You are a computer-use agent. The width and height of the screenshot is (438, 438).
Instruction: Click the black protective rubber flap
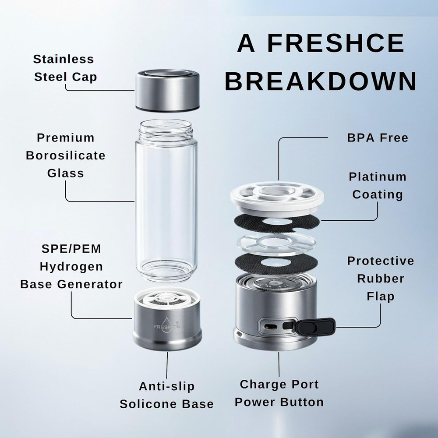point(315,326)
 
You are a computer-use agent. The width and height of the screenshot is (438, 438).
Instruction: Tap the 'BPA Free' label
point(377,138)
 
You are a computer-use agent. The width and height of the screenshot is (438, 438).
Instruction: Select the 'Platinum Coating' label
point(377,185)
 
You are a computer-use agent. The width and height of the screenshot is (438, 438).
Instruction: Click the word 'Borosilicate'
point(66,155)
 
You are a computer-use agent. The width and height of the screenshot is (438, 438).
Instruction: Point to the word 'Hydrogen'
point(71,266)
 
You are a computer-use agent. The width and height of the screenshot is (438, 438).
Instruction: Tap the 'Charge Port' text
point(279,385)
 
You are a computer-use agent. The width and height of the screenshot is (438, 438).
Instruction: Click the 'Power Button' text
point(279,402)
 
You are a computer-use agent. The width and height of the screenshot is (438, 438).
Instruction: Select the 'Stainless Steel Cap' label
point(65,68)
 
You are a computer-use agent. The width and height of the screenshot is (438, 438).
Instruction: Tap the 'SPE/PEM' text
point(71,249)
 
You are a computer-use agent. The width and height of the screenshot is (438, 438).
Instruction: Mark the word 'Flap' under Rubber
point(381,297)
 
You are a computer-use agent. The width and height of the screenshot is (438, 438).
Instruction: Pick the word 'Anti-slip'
point(166,386)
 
